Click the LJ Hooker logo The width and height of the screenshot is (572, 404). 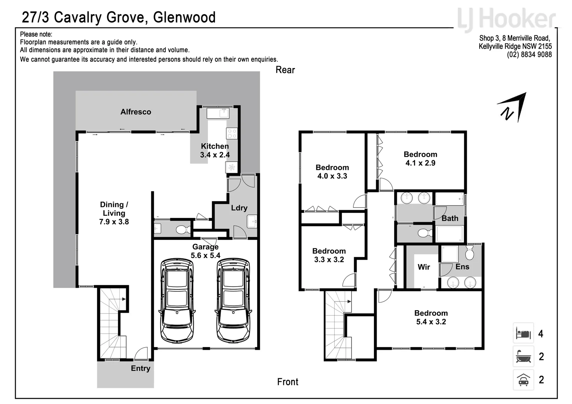click(x=506, y=19)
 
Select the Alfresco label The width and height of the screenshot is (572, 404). click(x=136, y=112)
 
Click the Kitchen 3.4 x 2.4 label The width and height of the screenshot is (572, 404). click(x=215, y=150)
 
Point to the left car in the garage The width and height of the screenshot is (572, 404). click(x=177, y=300)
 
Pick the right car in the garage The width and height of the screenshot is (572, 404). click(x=233, y=300)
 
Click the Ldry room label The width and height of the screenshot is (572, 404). click(x=239, y=208)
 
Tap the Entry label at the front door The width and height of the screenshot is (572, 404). click(x=140, y=368)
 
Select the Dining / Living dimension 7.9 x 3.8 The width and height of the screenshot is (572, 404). click(x=114, y=222)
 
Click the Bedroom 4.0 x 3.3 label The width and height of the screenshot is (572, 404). click(x=332, y=172)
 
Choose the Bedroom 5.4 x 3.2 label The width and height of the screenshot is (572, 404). click(x=431, y=318)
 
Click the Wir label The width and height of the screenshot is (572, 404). click(x=424, y=267)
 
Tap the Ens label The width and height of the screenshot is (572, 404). click(x=462, y=267)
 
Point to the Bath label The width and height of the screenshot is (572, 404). click(x=450, y=218)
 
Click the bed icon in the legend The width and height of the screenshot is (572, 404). click(x=523, y=333)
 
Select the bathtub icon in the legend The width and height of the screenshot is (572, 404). click(x=523, y=356)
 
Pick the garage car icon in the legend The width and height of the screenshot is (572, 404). click(x=523, y=380)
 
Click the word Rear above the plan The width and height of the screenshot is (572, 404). click(x=285, y=70)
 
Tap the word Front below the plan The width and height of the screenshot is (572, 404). click(x=287, y=382)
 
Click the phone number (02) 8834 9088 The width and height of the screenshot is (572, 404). click(x=529, y=55)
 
